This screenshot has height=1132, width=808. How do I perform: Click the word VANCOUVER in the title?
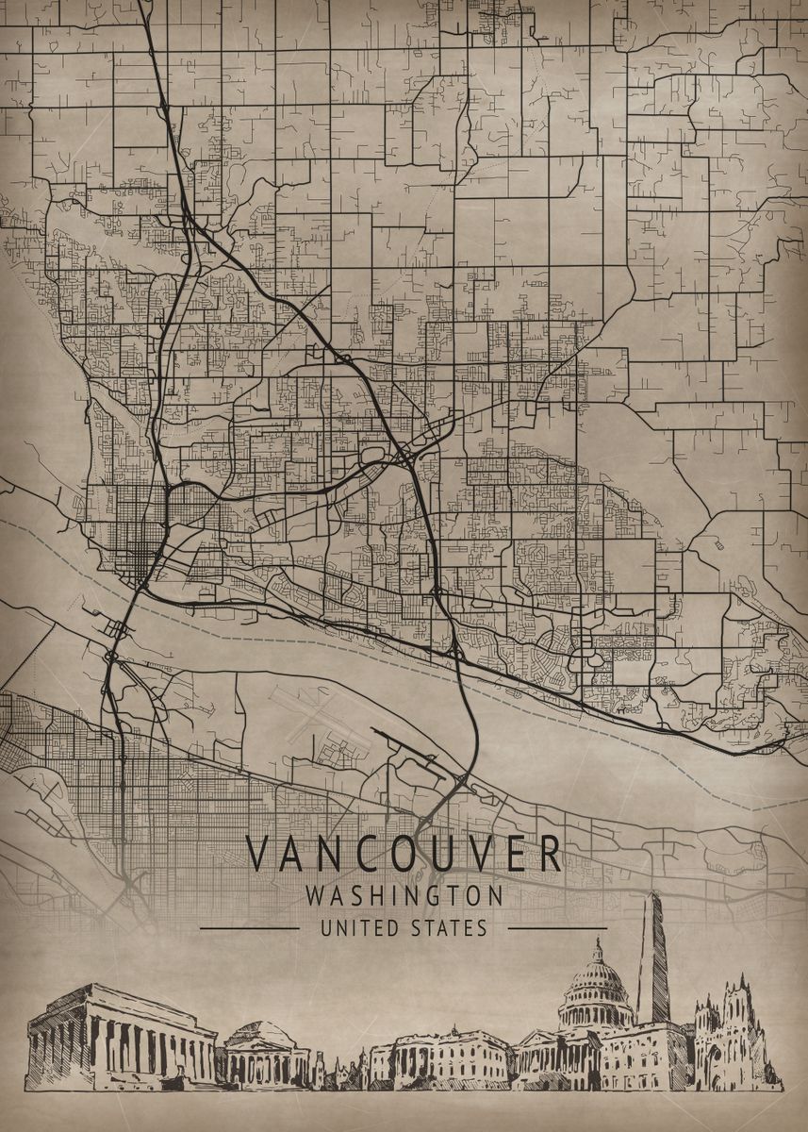point(404,854)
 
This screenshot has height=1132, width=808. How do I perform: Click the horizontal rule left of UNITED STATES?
point(250,928)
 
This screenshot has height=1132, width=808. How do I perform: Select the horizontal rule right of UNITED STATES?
point(556,928)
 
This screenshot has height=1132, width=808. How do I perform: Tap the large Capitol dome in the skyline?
point(596,990)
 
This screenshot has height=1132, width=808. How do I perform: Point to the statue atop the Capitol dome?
point(597,946)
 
